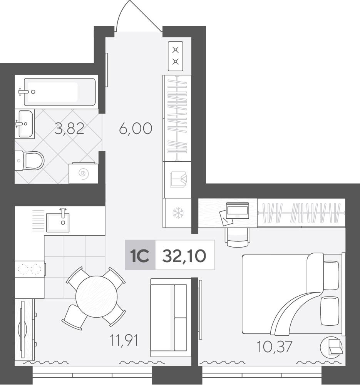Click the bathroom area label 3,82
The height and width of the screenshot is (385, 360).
[69, 129]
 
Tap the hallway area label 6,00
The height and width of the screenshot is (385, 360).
[136, 129]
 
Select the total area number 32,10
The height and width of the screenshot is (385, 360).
[184, 256]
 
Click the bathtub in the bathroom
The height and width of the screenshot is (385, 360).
[60, 92]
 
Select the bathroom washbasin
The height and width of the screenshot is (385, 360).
[25, 124]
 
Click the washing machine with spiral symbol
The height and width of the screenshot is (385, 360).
[84, 173]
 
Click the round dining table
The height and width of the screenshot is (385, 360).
[97, 296]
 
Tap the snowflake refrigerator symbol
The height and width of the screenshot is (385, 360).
[177, 213]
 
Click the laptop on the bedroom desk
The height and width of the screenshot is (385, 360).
[238, 210]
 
